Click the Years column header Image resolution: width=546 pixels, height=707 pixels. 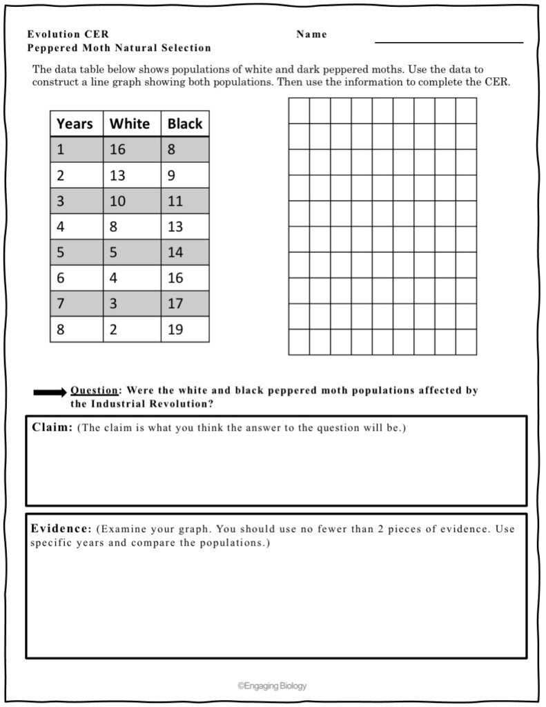pos(75,124)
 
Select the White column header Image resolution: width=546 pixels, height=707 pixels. pos(130,124)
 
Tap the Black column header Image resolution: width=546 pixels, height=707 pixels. pos(185,124)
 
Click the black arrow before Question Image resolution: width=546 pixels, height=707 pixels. pos(50,392)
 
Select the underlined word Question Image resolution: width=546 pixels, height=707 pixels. pos(94,391)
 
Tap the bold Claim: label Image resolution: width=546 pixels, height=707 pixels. pos(52,427)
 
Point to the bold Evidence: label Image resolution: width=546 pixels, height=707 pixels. pos(61,529)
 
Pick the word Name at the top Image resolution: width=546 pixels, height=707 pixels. pos(311,35)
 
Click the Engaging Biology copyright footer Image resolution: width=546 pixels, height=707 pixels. pos(272,686)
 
